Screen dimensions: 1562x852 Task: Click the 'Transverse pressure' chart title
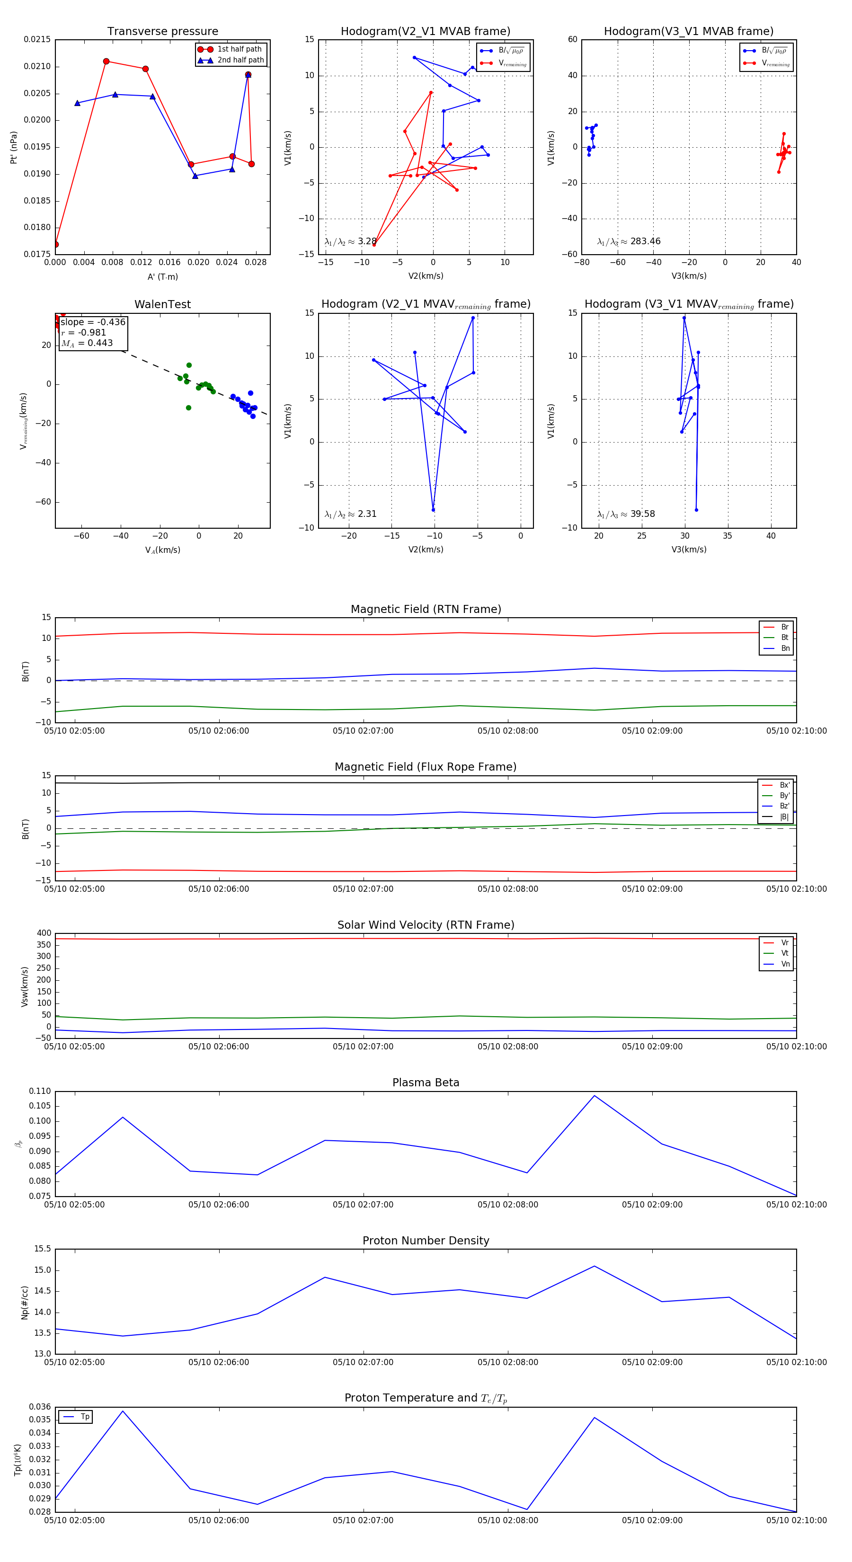pyautogui.click(x=162, y=32)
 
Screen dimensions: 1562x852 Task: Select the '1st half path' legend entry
pyautogui.click(x=239, y=49)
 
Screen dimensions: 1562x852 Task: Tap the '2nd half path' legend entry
pyautogui.click(x=240, y=60)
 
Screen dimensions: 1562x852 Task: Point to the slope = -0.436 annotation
pyautogui.click(x=93, y=322)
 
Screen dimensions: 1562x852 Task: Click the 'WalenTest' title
pyautogui.click(x=162, y=304)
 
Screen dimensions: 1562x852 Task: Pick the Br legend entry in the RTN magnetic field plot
pyautogui.click(x=784, y=627)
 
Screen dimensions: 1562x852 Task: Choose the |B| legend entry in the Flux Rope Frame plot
pyautogui.click(x=784, y=817)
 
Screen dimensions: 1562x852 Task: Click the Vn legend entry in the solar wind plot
pyautogui.click(x=785, y=964)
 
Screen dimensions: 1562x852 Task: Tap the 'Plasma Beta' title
pyautogui.click(x=426, y=1083)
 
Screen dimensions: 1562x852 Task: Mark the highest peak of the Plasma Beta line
pyautogui.click(x=595, y=1096)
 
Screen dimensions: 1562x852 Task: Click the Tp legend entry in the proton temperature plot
pyautogui.click(x=84, y=1417)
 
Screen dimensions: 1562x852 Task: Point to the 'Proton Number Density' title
pyautogui.click(x=426, y=1241)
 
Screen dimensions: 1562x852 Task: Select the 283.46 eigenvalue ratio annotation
pyautogui.click(x=645, y=241)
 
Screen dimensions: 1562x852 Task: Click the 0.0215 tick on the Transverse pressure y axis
pyautogui.click(x=37, y=39)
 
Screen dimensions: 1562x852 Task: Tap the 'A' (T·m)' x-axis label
pyautogui.click(x=162, y=276)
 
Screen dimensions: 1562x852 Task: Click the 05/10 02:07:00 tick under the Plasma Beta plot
pyautogui.click(x=363, y=1205)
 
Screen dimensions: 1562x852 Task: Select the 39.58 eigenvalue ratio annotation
pyautogui.click(x=642, y=514)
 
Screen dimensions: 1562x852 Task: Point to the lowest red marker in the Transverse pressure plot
pyautogui.click(x=56, y=244)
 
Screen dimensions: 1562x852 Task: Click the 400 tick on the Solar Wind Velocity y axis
pyautogui.click(x=44, y=933)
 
